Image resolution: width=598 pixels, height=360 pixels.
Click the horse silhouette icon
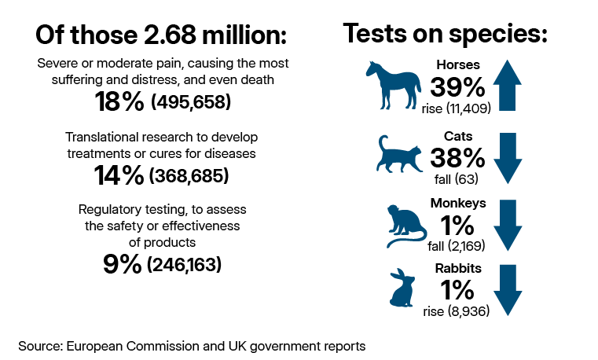pos(394,86)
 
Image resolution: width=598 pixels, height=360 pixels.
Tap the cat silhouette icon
pos(399,156)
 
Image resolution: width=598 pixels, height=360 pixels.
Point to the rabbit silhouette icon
pos(402,288)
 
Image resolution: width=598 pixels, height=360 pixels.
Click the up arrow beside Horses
pos(507,86)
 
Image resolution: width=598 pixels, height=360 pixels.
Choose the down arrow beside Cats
pos(508,158)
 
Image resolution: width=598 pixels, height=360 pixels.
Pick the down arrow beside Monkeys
pos(508,225)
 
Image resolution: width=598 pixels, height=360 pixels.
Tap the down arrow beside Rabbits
pos(508,290)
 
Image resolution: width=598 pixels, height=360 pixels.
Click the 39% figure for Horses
pos(457,87)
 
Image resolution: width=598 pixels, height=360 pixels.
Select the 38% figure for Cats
pos(457,158)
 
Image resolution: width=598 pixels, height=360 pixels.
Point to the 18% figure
pos(119,101)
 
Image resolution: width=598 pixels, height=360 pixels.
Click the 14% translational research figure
pos(119,175)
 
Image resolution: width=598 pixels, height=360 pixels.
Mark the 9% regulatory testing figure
pos(122,264)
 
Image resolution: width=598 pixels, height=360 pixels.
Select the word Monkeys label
pos(458,204)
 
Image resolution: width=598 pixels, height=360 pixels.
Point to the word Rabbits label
pos(458,269)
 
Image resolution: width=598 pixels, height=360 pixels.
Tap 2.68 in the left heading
pos(170,35)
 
